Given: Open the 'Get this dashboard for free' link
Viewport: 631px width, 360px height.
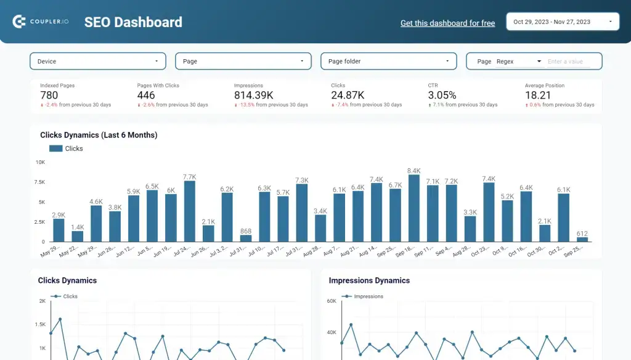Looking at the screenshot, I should [x=447, y=23].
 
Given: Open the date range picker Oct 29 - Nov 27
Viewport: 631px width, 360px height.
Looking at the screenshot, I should [x=563, y=22].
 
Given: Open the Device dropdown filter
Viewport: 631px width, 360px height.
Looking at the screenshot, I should [x=98, y=61].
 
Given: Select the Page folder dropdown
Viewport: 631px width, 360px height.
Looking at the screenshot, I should [x=388, y=61].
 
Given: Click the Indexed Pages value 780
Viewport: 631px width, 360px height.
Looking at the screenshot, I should [x=49, y=95].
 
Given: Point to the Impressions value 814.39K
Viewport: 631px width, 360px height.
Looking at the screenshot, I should [x=253, y=95].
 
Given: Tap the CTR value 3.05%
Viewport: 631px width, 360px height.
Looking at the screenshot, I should [x=442, y=95].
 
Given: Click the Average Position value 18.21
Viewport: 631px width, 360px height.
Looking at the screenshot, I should [x=538, y=95].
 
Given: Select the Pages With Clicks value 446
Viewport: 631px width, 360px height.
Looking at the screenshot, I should [x=146, y=95].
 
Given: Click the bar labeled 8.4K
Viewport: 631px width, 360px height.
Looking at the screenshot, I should [x=414, y=208].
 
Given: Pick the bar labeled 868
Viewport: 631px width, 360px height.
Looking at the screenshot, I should [x=246, y=238].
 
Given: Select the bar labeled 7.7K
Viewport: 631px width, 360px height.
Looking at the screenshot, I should [x=190, y=211].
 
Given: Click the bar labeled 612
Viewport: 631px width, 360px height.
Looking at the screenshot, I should [x=582, y=239].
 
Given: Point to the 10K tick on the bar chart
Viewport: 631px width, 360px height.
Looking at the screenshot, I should [x=40, y=162].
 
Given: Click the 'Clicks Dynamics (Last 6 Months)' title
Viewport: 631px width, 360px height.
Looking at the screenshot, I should [x=99, y=135].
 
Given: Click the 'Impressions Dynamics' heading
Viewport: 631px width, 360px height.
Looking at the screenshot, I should [x=369, y=280].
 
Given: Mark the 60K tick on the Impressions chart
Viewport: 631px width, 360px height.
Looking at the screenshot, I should [x=331, y=301].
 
